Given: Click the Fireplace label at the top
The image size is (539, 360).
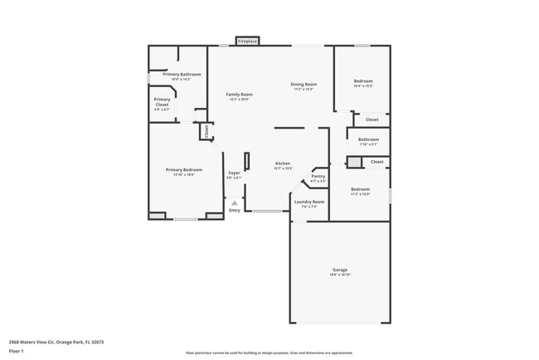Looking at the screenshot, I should pos(247,41).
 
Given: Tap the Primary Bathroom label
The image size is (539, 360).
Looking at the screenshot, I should pos(182,75).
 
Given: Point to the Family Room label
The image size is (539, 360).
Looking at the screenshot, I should pos(240,95).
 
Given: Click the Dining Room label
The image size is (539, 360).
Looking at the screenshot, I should pos(303,84).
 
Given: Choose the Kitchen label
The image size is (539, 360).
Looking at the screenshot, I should pos(283,163).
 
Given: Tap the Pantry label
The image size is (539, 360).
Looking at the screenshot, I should pos(318,176).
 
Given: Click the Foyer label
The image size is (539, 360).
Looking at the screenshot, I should pos(235,173).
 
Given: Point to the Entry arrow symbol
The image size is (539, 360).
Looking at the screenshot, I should pos(235,202).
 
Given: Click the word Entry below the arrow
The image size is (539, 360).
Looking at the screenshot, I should pos(235,210).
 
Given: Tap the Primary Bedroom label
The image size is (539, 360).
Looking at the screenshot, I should pos(182,169).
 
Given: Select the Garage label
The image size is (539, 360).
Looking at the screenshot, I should pos(340,270).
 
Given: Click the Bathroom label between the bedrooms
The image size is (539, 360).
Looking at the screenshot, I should pos(369,139).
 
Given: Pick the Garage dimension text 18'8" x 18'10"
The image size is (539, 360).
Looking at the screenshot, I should pos(340,275).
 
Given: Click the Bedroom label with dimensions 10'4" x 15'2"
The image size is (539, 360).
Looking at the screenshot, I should pos(363,80).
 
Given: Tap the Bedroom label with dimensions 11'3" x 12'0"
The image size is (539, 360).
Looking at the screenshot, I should pos(361,189).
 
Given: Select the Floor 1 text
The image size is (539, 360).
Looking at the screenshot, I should pos(16,350).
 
